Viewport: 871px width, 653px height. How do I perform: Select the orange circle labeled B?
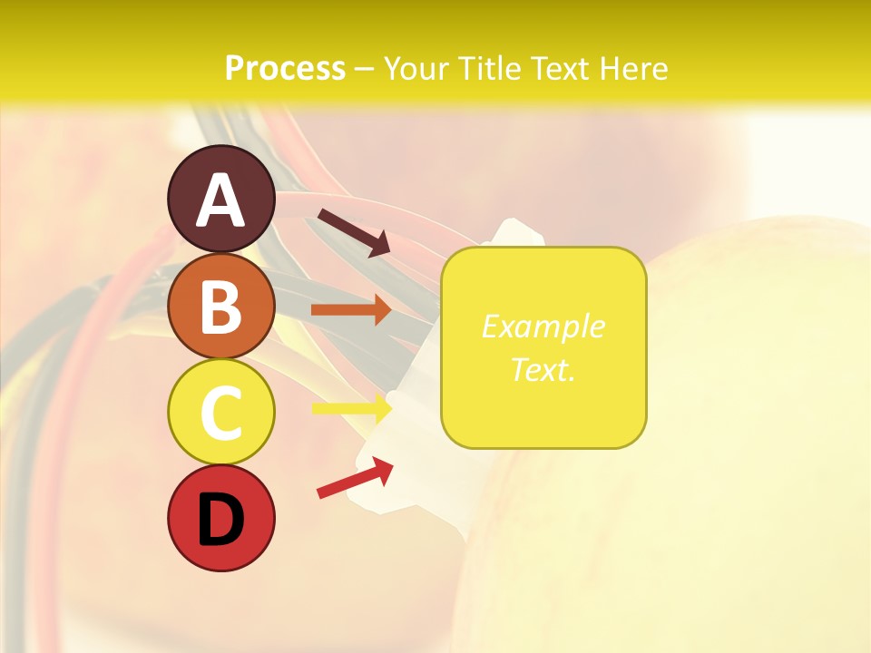pos(221,307)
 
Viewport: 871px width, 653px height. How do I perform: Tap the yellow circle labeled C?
pos(221,413)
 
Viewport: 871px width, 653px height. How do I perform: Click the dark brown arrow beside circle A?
pos(353,232)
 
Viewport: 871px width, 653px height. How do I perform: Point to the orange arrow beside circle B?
pos(351,310)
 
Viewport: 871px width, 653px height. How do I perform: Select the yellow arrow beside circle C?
pos(351,407)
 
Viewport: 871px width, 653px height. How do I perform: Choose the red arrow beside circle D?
pos(355,478)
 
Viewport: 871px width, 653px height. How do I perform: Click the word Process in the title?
pos(285,68)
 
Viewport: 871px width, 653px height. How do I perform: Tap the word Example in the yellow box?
pos(543,326)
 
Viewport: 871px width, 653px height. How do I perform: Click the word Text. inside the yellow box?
pos(543,369)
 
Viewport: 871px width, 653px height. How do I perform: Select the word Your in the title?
pos(418,68)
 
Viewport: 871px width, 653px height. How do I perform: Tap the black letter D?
pos(221,520)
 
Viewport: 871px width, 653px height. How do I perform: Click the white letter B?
pos(221,307)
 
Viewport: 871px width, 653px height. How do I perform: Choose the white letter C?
pos(221,413)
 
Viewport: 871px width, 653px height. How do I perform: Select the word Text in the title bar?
pos(561,68)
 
